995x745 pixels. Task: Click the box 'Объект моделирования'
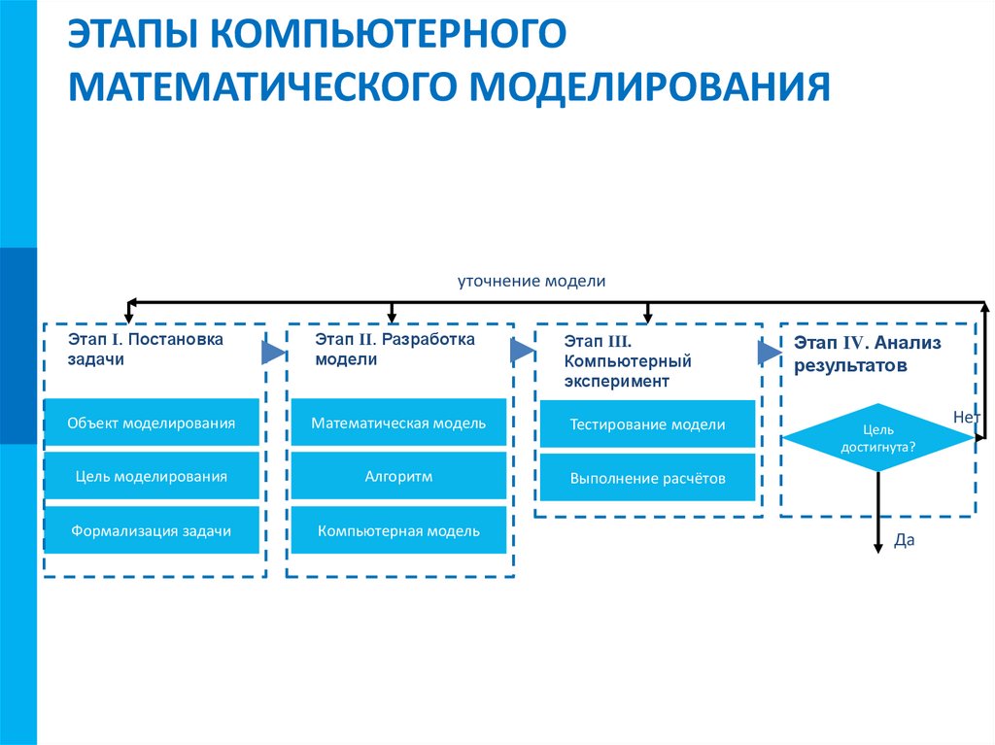point(152,423)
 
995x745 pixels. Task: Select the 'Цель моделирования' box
point(152,476)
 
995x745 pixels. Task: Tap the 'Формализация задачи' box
point(152,530)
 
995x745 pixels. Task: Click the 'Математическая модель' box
point(398,423)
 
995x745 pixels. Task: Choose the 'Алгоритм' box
point(398,476)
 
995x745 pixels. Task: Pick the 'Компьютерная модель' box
point(398,530)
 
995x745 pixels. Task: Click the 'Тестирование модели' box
point(647,424)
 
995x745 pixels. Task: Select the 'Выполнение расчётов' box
point(647,478)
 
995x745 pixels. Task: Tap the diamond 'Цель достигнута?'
point(877,438)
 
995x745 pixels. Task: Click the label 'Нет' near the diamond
point(967,416)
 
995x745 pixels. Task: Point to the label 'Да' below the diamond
point(905,541)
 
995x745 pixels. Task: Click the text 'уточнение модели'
point(532,281)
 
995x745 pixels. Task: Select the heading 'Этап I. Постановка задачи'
point(145,349)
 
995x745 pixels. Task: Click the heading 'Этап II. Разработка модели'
point(395,349)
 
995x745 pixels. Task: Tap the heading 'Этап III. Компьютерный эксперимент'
point(628,361)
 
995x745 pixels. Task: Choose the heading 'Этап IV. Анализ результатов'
point(867,354)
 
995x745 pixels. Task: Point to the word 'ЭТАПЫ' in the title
point(132,36)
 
